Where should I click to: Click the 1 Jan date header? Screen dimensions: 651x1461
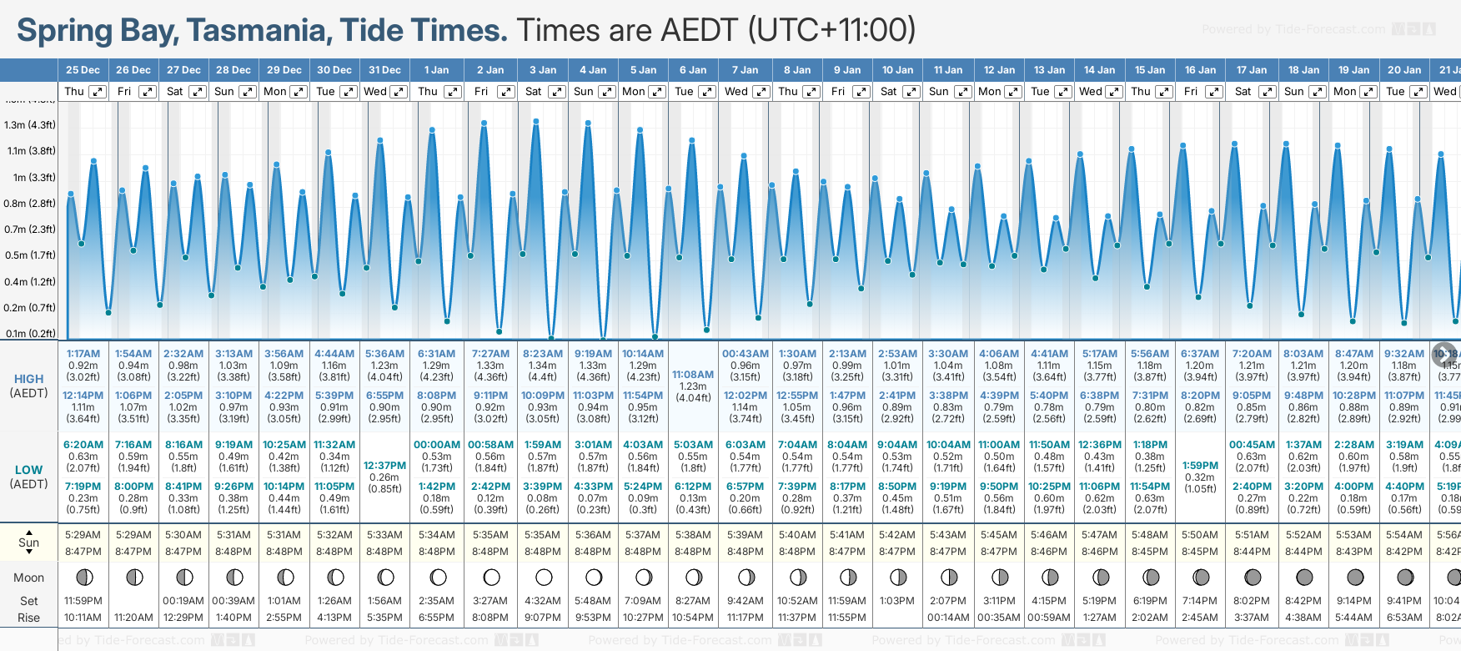click(436, 70)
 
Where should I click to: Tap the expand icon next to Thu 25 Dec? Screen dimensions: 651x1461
click(97, 92)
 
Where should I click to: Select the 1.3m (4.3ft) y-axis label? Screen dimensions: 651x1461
click(30, 125)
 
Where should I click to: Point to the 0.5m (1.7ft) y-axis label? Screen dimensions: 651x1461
click(30, 255)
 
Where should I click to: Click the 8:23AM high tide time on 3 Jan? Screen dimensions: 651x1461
click(542, 354)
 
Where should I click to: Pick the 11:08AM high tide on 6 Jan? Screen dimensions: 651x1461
click(693, 375)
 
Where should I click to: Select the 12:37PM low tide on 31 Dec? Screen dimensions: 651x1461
click(384, 466)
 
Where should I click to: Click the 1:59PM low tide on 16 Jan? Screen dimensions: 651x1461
click(1201, 466)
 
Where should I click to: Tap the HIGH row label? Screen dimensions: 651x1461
click(28, 379)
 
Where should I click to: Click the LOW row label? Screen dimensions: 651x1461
click(28, 470)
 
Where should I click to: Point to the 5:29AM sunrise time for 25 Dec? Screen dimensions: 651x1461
click(83, 535)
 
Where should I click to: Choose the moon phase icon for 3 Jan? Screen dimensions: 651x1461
click(544, 577)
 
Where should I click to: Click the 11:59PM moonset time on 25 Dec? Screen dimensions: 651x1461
click(83, 601)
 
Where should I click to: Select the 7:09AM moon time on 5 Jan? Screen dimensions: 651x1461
click(643, 601)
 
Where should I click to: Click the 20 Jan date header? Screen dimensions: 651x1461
click(1404, 70)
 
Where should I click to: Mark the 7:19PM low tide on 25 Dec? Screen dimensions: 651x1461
click(83, 487)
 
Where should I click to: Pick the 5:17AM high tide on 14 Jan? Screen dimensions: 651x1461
click(1099, 354)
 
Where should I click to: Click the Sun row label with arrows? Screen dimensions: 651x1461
click(28, 542)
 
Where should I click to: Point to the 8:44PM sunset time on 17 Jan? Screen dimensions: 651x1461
click(1252, 552)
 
